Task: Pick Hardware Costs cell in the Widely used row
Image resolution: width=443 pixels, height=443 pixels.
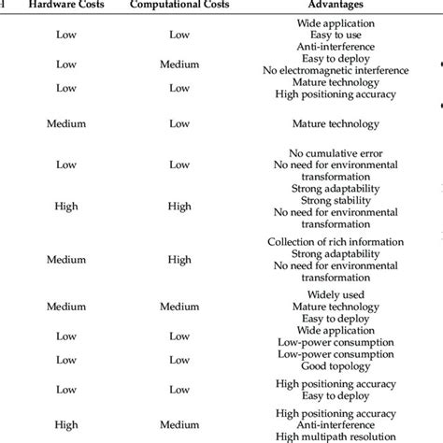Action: coord(66,307)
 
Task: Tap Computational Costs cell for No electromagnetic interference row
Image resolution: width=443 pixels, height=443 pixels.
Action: coord(179,64)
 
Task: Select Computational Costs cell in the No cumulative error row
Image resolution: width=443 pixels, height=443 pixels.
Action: coord(179,164)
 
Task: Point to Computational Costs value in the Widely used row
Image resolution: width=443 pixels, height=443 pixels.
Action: coord(179,307)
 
